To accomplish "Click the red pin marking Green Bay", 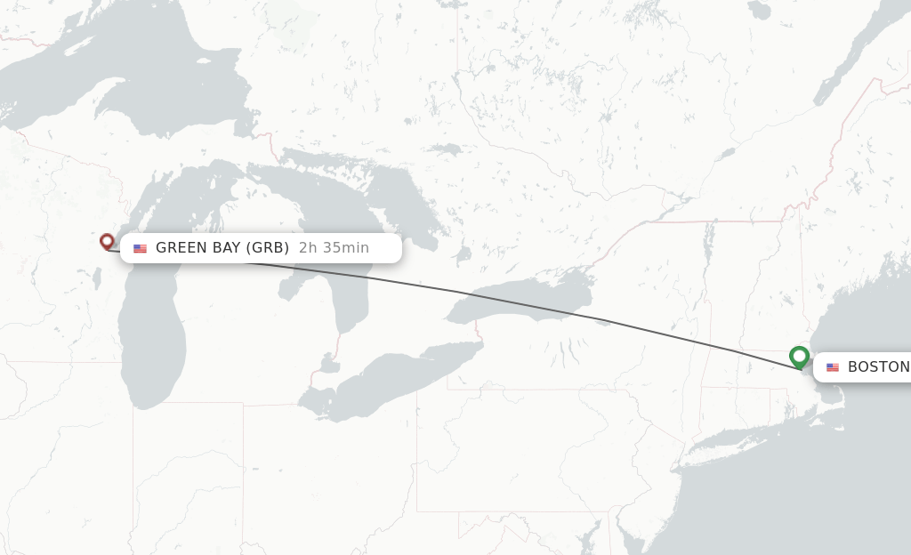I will tap(107, 240).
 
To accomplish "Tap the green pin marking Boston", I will tap(799, 357).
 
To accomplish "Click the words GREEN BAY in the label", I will tap(197, 247).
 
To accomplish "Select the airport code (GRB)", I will tap(268, 247).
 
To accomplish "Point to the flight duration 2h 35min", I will tap(334, 247).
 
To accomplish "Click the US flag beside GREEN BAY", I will tap(141, 248).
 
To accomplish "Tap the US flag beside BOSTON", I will tap(833, 367).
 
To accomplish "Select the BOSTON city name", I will tap(877, 366).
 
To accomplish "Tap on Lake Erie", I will tap(391, 378).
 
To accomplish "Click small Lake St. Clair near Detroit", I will tap(329, 365).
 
